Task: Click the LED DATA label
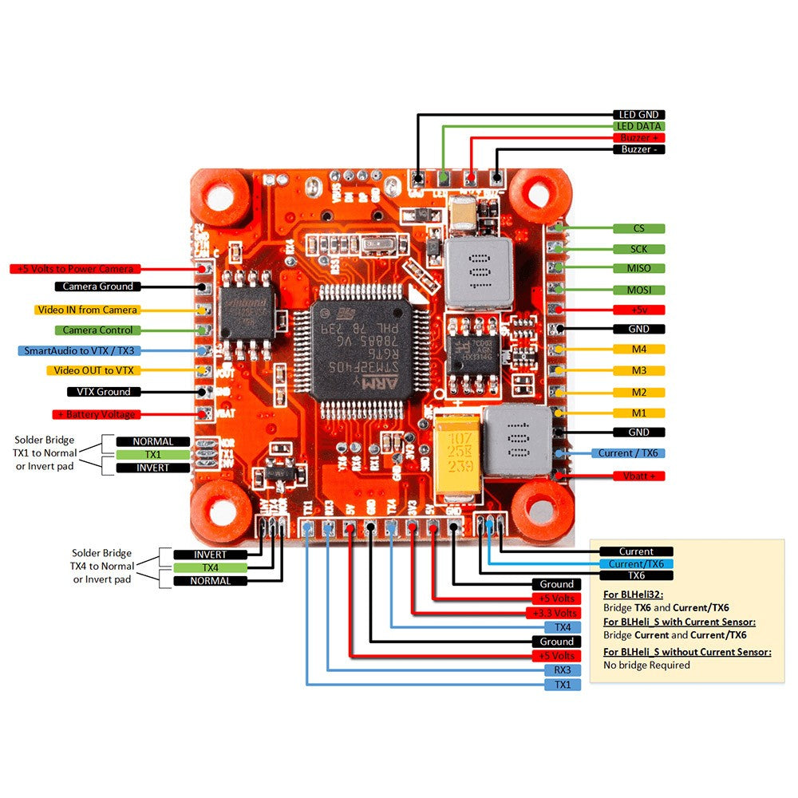tap(638, 126)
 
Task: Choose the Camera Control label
tap(98, 330)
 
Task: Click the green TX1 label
tap(153, 454)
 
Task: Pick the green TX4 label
tap(210, 567)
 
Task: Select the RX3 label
tap(563, 670)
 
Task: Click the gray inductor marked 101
tap(478, 273)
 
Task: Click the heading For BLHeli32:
tap(634, 595)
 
